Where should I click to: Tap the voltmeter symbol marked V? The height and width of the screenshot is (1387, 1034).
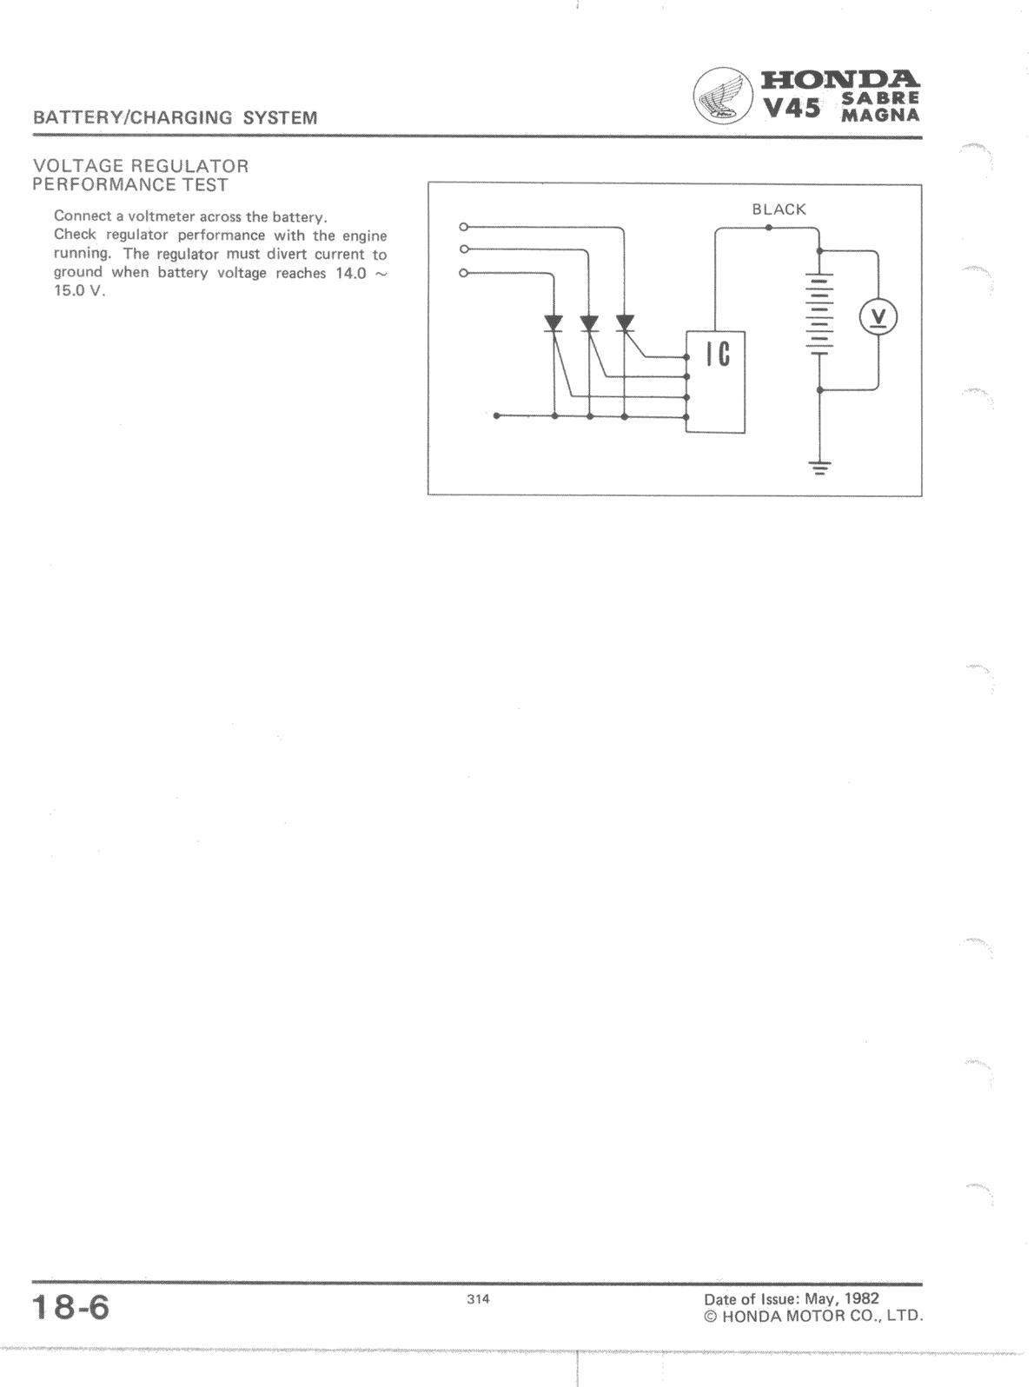tap(878, 316)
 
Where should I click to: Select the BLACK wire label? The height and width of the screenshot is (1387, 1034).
tap(779, 209)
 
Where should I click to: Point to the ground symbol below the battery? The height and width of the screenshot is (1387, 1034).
tap(819, 468)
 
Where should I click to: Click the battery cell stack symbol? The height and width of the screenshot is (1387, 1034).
tap(819, 314)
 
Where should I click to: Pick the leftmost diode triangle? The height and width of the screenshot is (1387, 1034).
tap(554, 323)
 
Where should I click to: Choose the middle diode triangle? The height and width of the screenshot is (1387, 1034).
tap(589, 323)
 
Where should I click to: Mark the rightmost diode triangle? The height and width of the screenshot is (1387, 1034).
tap(624, 323)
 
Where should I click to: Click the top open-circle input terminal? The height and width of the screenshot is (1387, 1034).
tap(464, 226)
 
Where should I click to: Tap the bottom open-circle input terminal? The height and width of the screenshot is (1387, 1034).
tap(464, 273)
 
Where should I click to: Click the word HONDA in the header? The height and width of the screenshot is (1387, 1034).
tap(840, 80)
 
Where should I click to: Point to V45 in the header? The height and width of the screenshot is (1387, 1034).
tap(792, 109)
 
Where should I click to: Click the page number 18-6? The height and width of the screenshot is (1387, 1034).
tap(70, 1307)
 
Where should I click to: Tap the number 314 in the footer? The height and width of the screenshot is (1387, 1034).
tap(478, 1299)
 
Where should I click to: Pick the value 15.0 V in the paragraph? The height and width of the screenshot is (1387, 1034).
tap(79, 292)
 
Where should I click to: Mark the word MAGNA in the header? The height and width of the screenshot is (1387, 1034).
tap(880, 115)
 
